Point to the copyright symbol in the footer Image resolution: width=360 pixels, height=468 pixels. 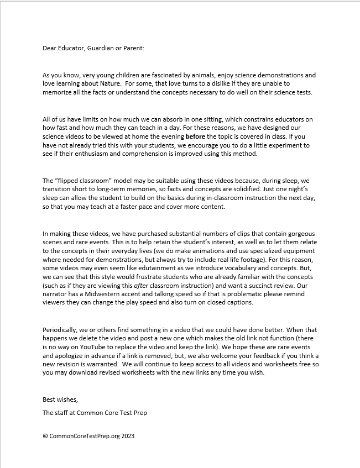[x=45, y=436]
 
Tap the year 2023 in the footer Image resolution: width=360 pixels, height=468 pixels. [x=127, y=436]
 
